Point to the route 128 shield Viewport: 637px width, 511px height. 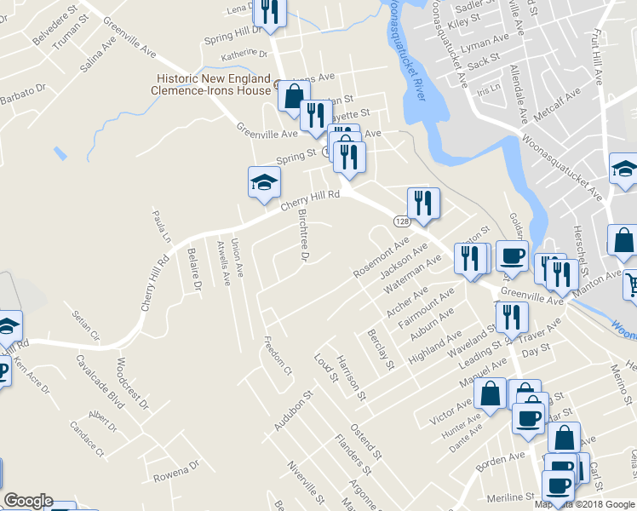(x=403, y=221)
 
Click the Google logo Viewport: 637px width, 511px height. (x=27, y=501)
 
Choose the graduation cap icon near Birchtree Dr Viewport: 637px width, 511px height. (x=264, y=181)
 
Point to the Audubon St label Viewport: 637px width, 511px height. (x=296, y=409)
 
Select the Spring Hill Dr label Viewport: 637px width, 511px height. (x=230, y=39)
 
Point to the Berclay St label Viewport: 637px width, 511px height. (x=381, y=350)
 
